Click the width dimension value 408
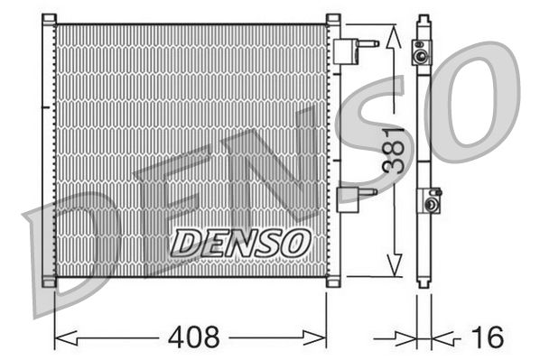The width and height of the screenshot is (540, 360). pos(194,337)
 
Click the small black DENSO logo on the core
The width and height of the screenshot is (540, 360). pos(241,241)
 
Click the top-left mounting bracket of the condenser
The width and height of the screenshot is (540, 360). pos(49,19)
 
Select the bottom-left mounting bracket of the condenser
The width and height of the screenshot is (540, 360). pos(49,282)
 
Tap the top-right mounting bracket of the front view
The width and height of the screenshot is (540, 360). pos(332,19)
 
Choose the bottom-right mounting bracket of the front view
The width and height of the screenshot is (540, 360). pos(332,282)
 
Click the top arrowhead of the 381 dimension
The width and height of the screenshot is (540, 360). pos(392,36)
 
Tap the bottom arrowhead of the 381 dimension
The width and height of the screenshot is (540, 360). pos(392,267)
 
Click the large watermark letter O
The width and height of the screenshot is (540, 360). pos(474,99)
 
